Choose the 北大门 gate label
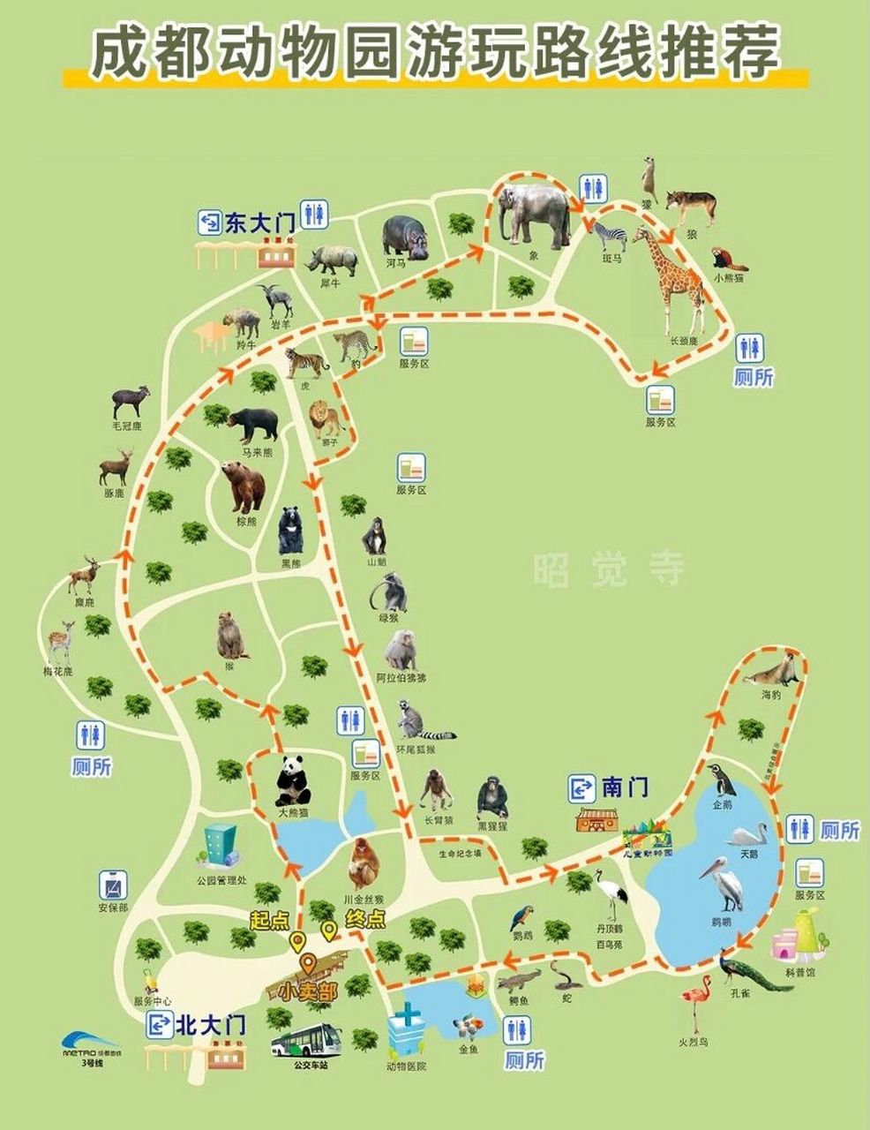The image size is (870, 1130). (210, 1025)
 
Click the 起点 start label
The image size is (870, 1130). (269, 920)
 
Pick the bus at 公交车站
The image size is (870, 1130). (305, 1043)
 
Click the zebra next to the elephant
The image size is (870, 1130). (610, 237)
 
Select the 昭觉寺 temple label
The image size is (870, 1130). (609, 569)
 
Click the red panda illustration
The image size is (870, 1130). (729, 259)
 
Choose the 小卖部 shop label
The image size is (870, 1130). (308, 991)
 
